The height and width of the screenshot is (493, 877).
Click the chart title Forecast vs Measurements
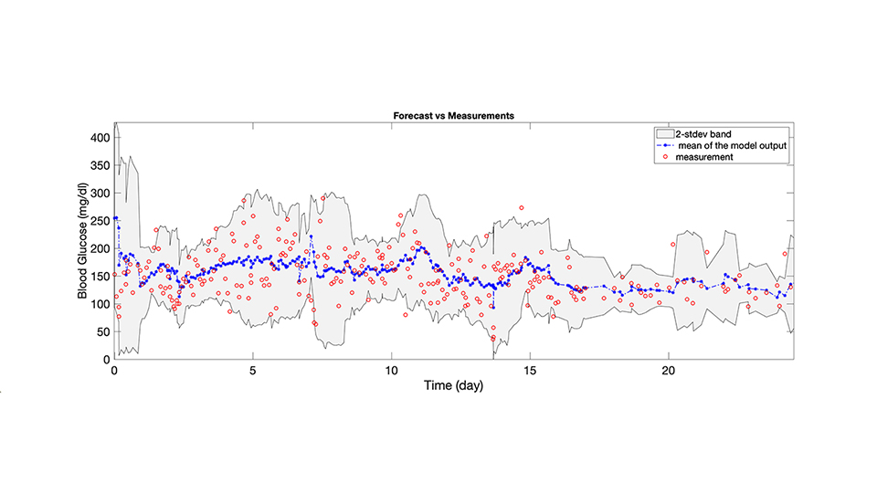coord(453,116)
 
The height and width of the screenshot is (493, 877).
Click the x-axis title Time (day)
coord(452,386)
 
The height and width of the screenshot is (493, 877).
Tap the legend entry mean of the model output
coord(727,145)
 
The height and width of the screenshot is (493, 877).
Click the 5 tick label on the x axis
coord(253,371)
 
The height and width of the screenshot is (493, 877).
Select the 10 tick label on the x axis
coord(391,371)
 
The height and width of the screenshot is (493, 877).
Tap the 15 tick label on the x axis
coord(530,371)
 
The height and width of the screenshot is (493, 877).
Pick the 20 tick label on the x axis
coord(669,371)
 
